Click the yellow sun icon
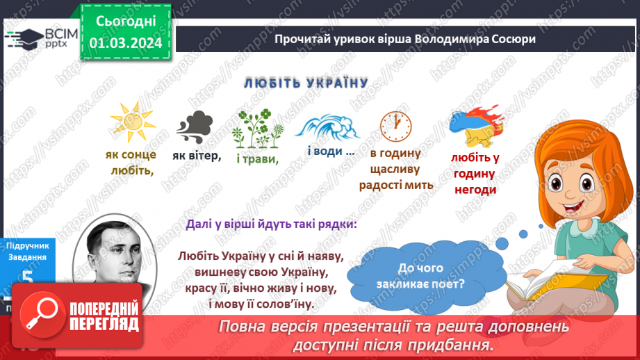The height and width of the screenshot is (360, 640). [133, 124]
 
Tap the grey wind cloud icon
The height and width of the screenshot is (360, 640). [197, 126]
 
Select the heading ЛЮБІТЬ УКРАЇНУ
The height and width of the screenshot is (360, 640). [305, 83]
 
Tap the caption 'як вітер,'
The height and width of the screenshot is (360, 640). [197, 156]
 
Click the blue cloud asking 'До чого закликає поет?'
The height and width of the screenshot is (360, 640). [425, 274]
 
